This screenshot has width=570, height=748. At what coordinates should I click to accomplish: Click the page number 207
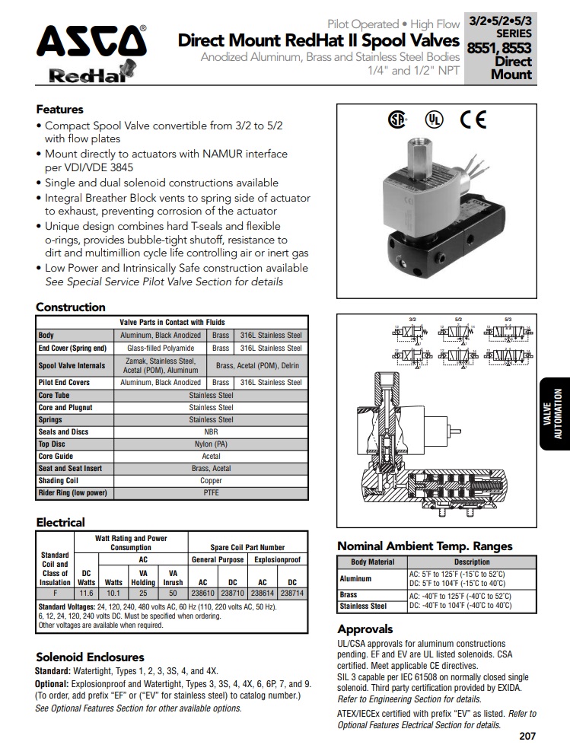(x=527, y=736)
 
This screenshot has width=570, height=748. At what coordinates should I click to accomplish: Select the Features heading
(x=59, y=110)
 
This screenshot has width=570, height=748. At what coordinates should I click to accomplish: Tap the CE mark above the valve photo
(x=473, y=119)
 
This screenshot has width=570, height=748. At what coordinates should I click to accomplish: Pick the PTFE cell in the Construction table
(x=211, y=493)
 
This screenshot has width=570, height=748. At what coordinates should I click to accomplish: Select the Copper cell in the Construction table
(x=211, y=481)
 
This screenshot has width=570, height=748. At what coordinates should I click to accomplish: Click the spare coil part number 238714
(x=292, y=592)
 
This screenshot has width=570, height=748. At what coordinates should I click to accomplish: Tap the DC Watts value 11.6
(x=86, y=592)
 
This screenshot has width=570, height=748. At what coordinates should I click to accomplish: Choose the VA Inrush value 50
(x=173, y=592)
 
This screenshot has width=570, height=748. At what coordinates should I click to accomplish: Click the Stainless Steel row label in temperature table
(x=363, y=606)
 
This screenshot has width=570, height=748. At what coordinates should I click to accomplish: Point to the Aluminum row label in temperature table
(x=355, y=578)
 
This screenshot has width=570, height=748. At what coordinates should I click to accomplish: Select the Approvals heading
(x=365, y=629)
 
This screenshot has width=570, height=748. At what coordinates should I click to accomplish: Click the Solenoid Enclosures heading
(x=90, y=657)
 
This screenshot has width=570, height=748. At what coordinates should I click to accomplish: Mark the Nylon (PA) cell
(x=211, y=444)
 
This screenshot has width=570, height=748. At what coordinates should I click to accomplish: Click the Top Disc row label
(x=53, y=444)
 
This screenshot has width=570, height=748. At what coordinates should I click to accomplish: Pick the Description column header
(x=472, y=562)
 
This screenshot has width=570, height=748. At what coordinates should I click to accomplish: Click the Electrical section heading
(x=60, y=523)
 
